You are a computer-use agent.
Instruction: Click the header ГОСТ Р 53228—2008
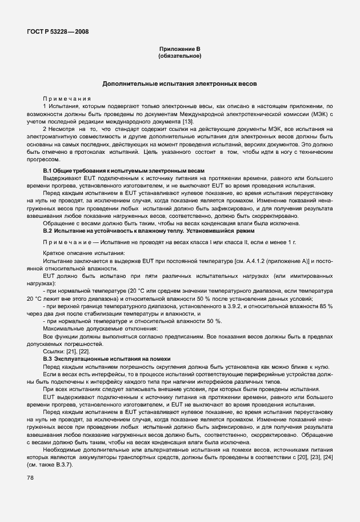tap(57, 31)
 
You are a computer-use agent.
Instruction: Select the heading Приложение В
tap(179, 50)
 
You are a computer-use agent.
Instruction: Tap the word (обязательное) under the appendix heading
tap(179, 56)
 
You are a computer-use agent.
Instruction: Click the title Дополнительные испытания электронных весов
tap(179, 83)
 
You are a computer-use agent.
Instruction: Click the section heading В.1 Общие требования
tap(123, 172)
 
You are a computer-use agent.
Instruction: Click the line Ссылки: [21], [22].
tap(66, 351)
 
